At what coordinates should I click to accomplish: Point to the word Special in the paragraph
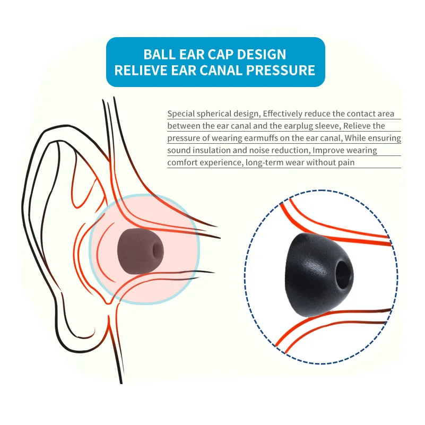pos(181,114)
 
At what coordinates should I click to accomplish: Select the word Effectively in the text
pos(284,114)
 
